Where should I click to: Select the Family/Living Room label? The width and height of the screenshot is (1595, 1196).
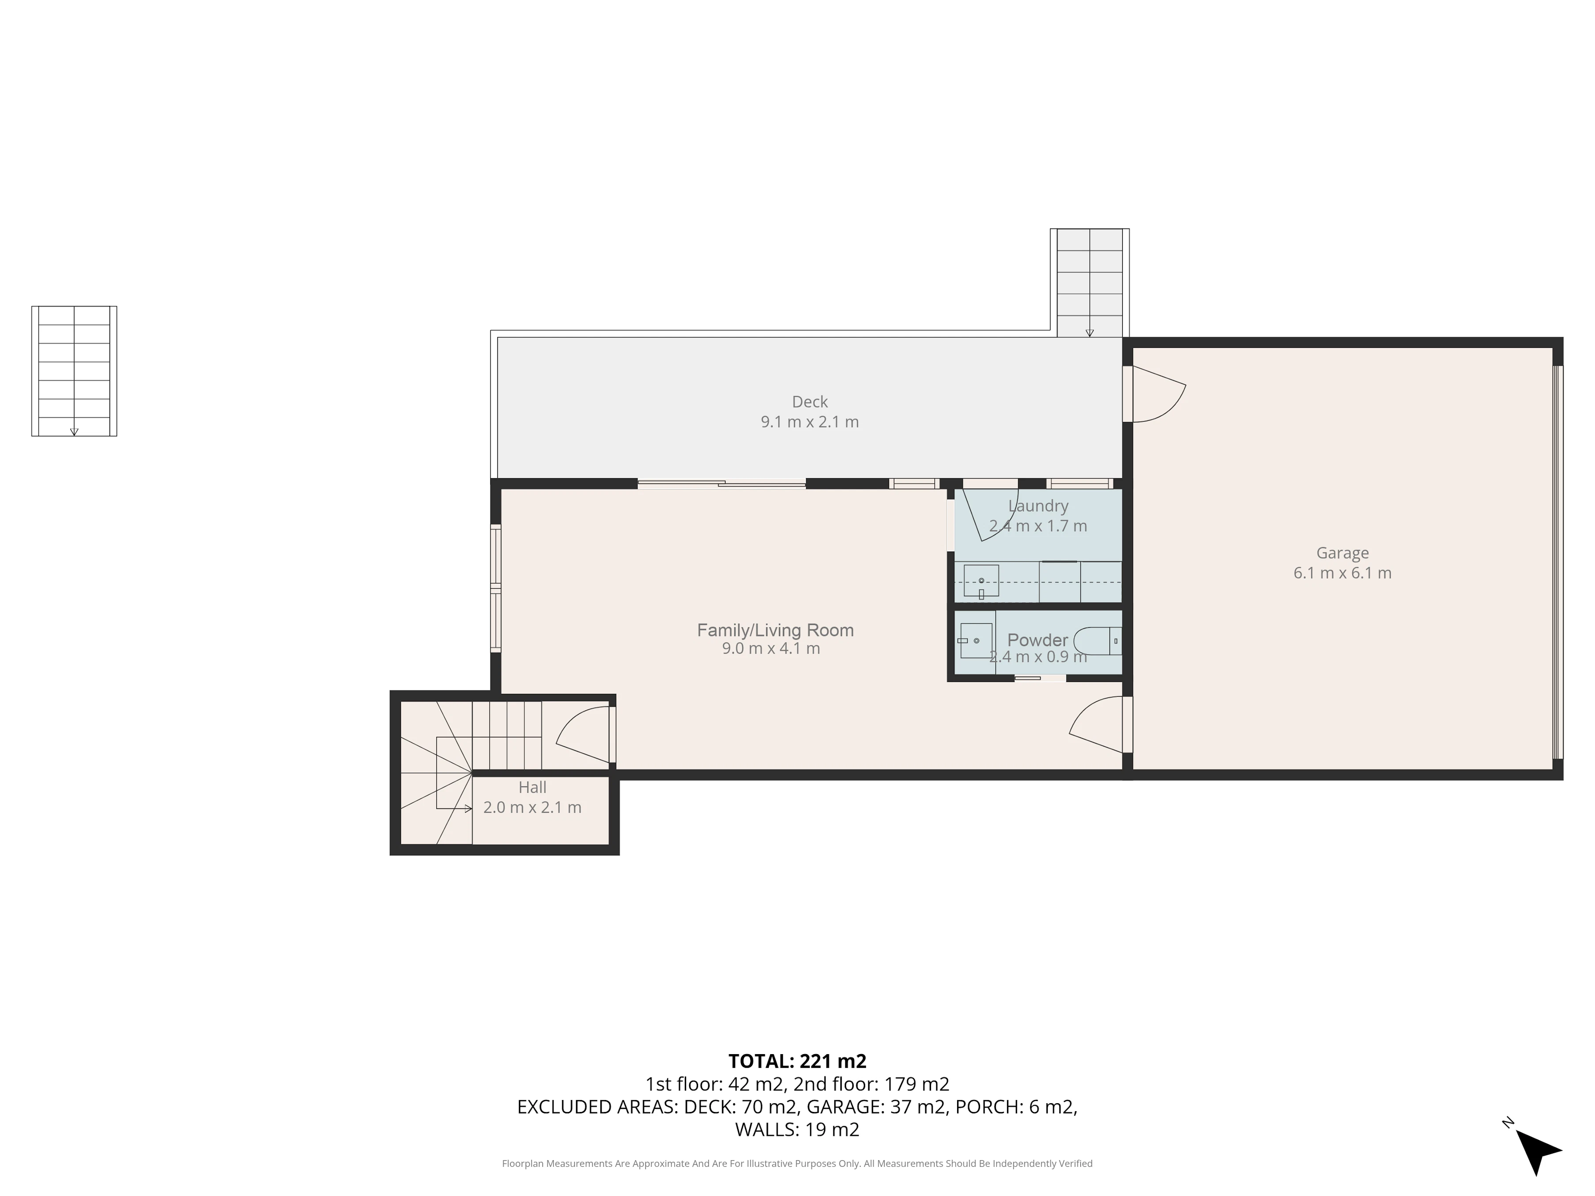775,630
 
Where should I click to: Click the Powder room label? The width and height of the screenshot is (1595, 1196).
1038,640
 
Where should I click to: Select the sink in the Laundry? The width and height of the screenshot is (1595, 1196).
981,581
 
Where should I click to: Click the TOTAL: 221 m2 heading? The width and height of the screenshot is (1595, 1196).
797,1061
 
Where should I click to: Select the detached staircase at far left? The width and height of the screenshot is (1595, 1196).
74,371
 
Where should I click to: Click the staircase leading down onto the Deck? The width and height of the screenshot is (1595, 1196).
1090,282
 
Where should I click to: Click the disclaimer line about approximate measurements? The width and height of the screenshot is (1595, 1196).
797,1164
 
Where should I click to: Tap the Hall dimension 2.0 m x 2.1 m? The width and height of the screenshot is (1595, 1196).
532,807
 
